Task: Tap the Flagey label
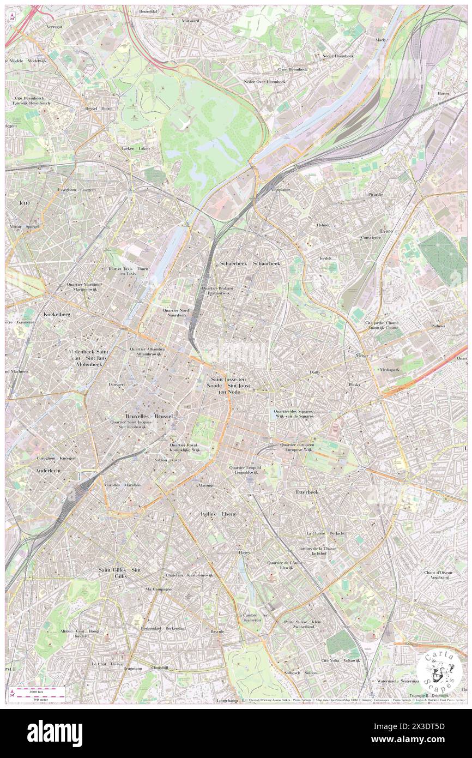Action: pyautogui.click(x=244, y=552)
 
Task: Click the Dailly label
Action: pyautogui.click(x=315, y=372)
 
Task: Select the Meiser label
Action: pyautogui.click(x=362, y=356)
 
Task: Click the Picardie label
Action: pyautogui.click(x=375, y=194)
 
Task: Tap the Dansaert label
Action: pyautogui.click(x=117, y=384)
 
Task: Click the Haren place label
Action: pyautogui.click(x=443, y=93)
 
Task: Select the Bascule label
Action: pyautogui.click(x=217, y=631)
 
